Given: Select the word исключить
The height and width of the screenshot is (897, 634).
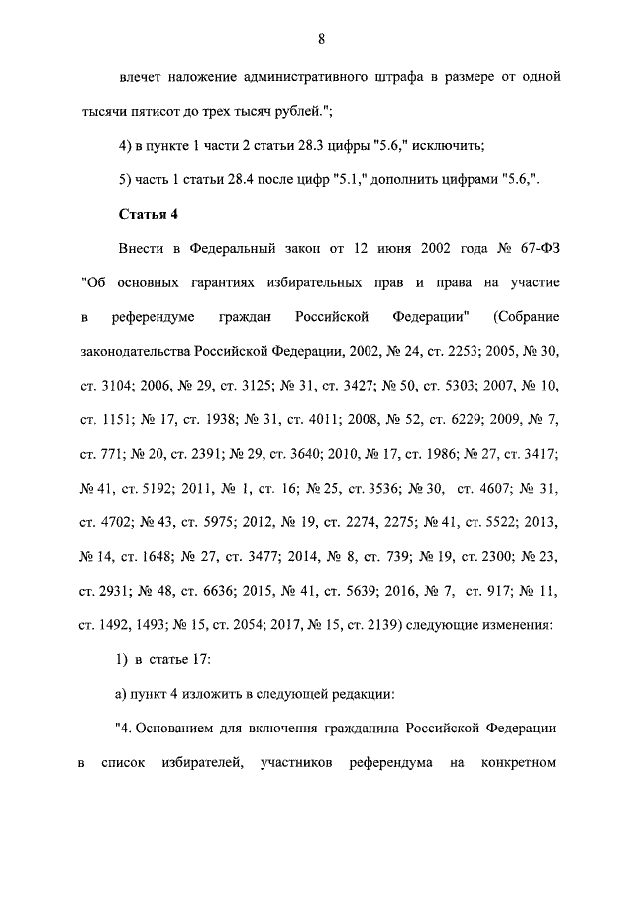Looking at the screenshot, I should tap(444, 146).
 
